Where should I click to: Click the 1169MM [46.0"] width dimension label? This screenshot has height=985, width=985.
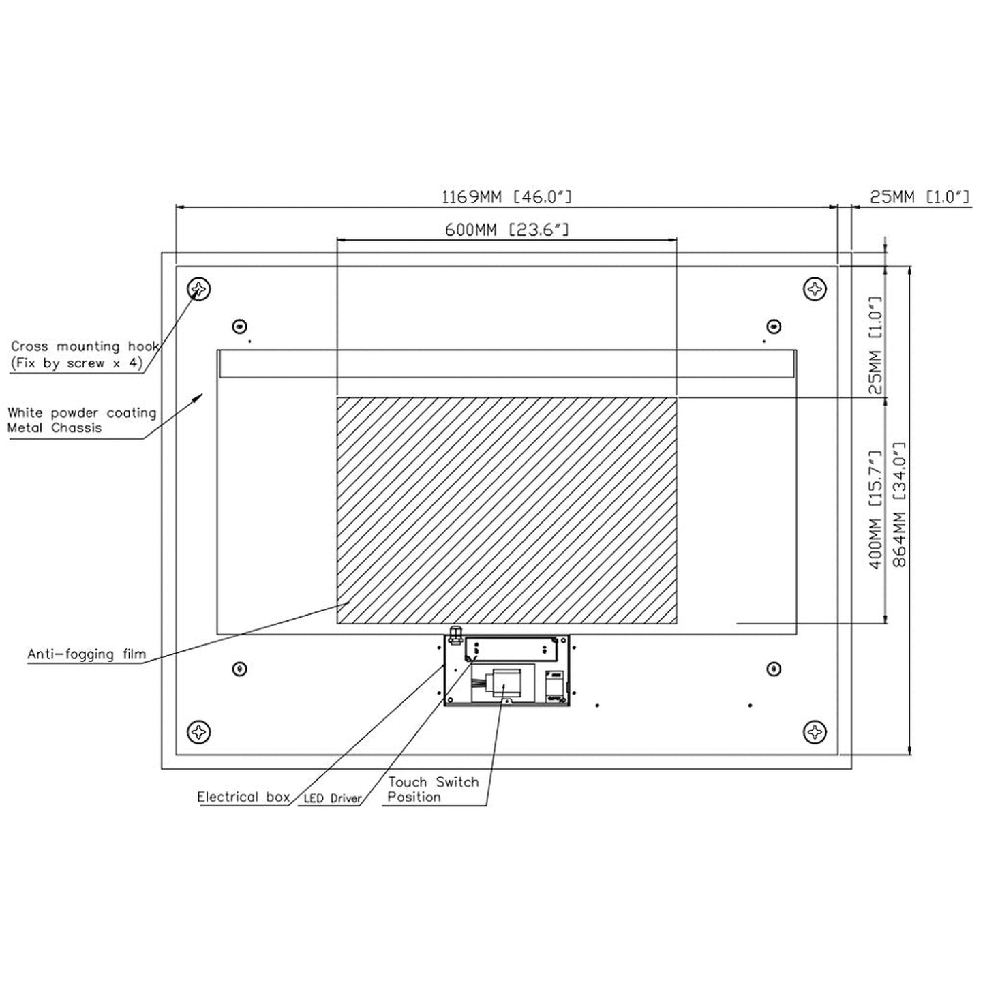click(506, 198)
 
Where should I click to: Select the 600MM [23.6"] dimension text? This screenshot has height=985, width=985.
click(506, 230)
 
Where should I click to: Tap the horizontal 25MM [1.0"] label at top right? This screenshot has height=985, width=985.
click(920, 198)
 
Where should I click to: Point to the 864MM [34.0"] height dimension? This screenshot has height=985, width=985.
click(899, 506)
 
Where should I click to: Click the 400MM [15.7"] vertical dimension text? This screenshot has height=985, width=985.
click(877, 509)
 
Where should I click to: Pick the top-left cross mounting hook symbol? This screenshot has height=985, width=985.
click(199, 289)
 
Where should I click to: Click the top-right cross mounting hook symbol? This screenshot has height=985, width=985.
click(815, 289)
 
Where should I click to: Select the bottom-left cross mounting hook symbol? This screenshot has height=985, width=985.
click(199, 732)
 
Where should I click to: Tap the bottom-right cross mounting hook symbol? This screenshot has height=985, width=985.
click(815, 732)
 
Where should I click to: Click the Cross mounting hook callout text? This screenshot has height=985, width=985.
click(84, 354)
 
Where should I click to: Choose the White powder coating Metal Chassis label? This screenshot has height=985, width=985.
click(82, 420)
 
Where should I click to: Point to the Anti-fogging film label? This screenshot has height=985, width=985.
click(87, 654)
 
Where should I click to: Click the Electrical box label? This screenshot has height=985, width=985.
click(243, 797)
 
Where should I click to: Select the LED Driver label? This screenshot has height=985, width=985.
click(332, 798)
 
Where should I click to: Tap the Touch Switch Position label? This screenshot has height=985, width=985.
click(433, 789)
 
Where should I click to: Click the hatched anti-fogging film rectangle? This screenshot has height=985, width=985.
click(506, 511)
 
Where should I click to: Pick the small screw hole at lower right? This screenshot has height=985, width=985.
click(774, 669)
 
